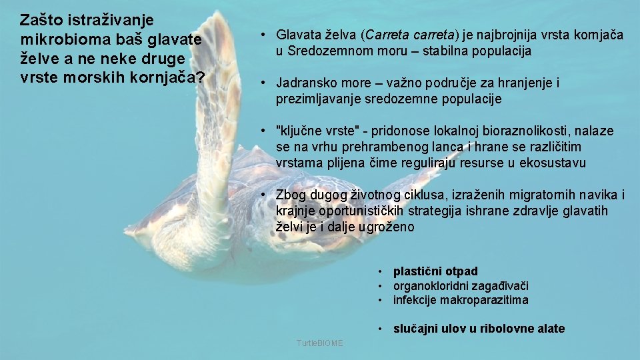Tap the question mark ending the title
[199, 77]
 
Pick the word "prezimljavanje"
[313, 99]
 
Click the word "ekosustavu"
[557, 163]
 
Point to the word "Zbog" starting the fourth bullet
[290, 195]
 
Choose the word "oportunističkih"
[329, 211]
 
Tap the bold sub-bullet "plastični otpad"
[435, 271]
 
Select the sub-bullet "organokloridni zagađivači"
[461, 286]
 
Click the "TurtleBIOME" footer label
[320, 343]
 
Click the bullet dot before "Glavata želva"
[265, 35]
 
